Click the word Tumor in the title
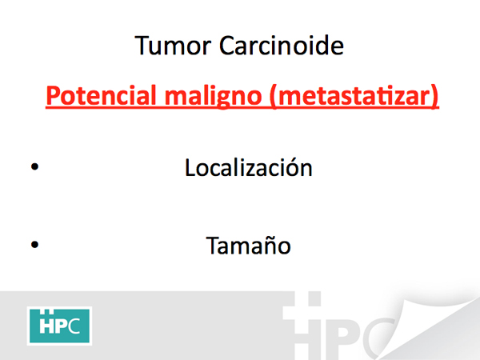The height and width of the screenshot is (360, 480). tap(173, 46)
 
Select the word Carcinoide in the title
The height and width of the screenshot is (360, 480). tap(282, 46)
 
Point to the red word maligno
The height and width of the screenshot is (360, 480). tap(214, 97)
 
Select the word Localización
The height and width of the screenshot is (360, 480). tap(249, 167)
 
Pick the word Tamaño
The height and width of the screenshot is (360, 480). tap(248, 246)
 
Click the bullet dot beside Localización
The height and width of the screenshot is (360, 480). tap(35, 166)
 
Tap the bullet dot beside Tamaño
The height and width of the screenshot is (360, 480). tap(35, 244)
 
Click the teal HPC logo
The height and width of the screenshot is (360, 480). tap(59, 326)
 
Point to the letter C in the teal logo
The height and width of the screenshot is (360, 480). tap(73, 326)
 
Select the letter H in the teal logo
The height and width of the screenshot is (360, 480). tap(46, 325)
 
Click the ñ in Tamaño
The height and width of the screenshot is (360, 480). tap(265, 246)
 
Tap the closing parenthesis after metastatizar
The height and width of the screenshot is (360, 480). tap(435, 97)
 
